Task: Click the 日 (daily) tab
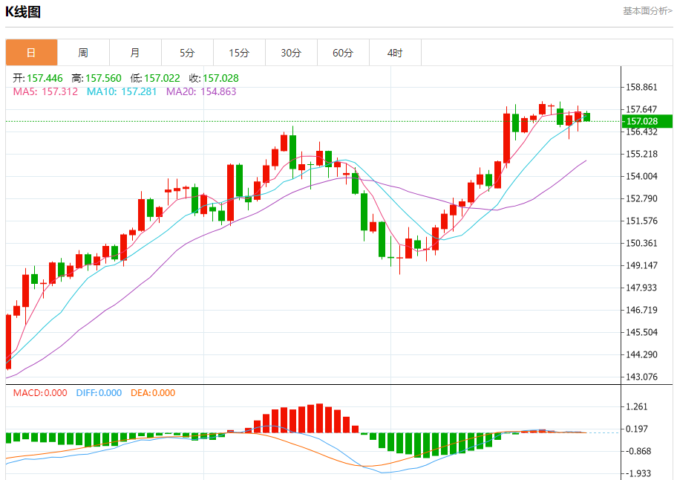31,53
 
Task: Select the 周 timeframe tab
83,53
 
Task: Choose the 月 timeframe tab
135,53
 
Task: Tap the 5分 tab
187,53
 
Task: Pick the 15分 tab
239,53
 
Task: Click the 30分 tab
291,53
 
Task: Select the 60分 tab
343,53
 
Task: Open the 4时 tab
395,53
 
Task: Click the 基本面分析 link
647,11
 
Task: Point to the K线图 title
23,12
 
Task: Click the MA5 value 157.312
46,91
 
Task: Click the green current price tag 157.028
647,121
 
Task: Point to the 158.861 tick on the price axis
642,87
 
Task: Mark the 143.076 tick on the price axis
642,377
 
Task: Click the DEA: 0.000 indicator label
153,393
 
